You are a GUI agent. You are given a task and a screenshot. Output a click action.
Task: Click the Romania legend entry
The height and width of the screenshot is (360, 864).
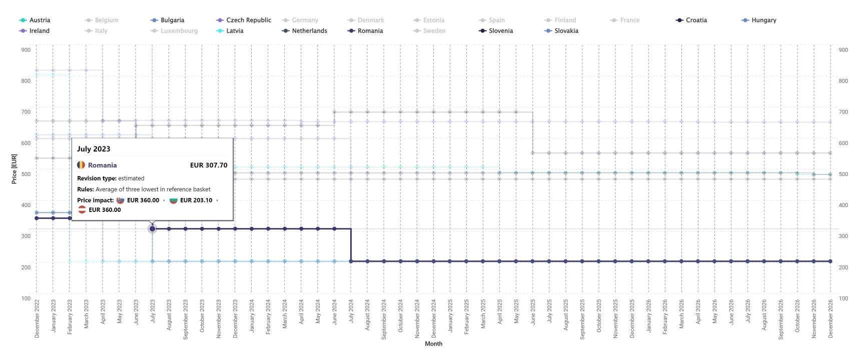coord(370,31)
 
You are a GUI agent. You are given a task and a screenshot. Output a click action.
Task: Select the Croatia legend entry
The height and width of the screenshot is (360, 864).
coord(696,20)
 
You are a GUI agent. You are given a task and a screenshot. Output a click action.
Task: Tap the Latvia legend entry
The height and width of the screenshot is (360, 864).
coord(234,31)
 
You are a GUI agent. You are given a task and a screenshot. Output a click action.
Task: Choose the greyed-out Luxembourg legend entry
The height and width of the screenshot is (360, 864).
coord(179,31)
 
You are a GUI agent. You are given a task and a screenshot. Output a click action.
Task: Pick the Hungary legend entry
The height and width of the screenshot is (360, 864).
coord(763,20)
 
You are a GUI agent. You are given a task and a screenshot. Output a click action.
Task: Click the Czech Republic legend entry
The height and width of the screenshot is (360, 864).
coord(248,20)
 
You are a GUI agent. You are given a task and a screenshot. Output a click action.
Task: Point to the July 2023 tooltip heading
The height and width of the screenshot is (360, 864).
coord(94,149)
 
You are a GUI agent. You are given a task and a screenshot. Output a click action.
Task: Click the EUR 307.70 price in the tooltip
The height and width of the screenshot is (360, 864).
coord(209,165)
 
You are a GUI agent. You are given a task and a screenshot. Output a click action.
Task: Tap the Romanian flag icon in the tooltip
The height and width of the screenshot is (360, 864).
coord(81,165)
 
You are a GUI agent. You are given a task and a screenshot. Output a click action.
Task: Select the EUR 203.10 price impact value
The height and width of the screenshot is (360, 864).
coord(196,200)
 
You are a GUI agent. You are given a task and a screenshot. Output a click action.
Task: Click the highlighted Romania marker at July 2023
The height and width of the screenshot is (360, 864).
coord(153,229)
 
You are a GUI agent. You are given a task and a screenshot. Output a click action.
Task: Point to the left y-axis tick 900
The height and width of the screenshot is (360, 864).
coord(26,50)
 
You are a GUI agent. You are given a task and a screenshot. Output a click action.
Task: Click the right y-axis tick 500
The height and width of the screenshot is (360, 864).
coord(843,174)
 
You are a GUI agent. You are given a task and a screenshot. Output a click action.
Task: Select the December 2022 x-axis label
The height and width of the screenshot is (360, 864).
coord(37,318)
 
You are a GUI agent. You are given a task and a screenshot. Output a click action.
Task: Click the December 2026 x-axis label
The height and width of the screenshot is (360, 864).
coord(830,318)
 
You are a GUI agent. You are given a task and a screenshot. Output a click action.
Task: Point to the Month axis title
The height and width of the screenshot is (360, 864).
coord(433,344)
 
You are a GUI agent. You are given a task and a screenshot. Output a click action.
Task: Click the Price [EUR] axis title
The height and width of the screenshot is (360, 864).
coord(14,169)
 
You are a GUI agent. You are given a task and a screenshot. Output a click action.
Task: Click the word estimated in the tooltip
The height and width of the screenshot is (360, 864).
coord(131,178)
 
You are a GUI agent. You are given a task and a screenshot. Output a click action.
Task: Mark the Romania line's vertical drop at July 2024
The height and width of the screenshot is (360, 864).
coord(351,245)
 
